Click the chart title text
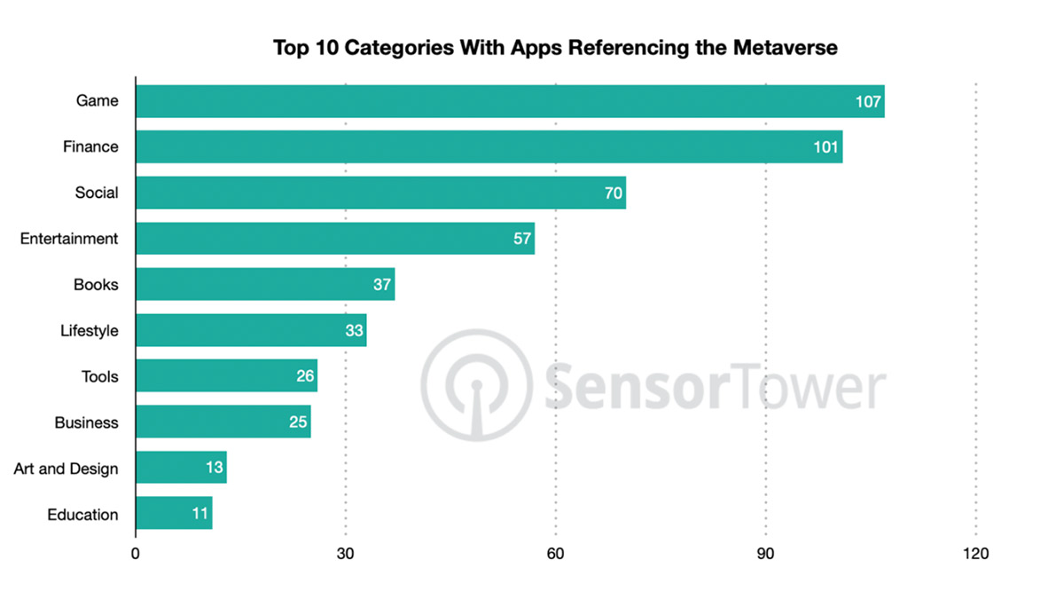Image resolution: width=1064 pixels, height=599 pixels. point(555,48)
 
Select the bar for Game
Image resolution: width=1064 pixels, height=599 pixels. point(510,101)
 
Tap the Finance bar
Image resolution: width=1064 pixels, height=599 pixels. point(489,147)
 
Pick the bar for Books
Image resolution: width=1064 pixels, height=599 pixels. point(265,285)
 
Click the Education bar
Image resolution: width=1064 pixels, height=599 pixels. point(174,514)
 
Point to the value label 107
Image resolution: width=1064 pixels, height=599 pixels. point(868,101)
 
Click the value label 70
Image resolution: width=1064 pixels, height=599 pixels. point(614,193)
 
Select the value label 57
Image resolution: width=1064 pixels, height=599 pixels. point(522,239)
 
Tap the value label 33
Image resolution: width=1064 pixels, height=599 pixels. point(355,331)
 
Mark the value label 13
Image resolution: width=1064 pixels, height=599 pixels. point(215,468)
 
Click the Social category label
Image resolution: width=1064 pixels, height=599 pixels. point(97,193)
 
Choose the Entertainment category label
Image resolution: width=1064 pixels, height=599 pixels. point(69,239)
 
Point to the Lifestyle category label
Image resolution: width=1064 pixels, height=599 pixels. point(89,331)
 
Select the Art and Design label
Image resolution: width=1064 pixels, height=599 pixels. point(66,469)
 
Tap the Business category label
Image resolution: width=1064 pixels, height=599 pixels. point(86,422)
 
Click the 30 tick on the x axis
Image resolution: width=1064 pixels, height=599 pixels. point(346,554)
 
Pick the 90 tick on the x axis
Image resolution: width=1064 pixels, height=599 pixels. point(766,554)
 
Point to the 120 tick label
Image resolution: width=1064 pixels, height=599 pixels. point(975,554)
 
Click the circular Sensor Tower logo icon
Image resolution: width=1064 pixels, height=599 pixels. point(476,384)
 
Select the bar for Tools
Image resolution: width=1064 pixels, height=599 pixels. point(226,376)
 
